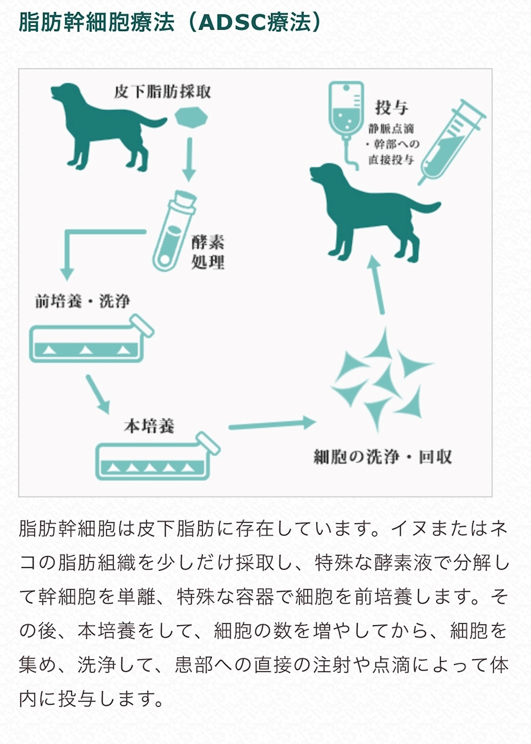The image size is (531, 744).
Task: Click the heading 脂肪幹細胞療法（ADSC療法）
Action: [x=170, y=22]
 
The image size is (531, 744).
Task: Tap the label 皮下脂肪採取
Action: [x=162, y=92]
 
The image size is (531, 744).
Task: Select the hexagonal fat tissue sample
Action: [x=192, y=117]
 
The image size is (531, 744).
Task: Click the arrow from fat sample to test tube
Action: [x=190, y=159]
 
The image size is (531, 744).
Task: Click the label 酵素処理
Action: [x=208, y=252]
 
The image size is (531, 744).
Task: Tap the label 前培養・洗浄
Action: [x=82, y=302]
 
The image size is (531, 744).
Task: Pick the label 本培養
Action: [x=149, y=425]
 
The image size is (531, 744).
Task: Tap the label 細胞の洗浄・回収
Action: [x=382, y=457]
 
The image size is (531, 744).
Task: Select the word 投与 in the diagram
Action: [x=391, y=107]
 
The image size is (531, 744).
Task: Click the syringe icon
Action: [x=451, y=142]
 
